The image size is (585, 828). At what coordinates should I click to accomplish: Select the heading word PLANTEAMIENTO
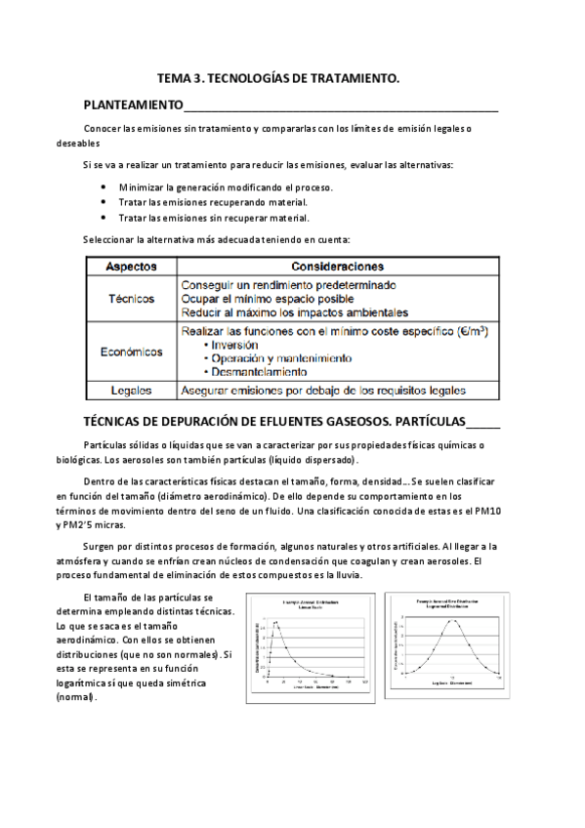point(133,104)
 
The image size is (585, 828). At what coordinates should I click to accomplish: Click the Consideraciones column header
point(337,266)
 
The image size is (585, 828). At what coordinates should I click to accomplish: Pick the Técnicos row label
point(133,299)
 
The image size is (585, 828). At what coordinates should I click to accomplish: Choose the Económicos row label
point(133,351)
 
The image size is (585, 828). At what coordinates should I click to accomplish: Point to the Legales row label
point(133,391)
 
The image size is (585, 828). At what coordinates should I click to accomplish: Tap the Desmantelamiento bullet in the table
point(260,372)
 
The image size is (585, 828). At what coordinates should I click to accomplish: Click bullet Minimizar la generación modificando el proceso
point(226,186)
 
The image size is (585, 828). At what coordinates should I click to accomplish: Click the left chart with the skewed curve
point(312,645)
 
